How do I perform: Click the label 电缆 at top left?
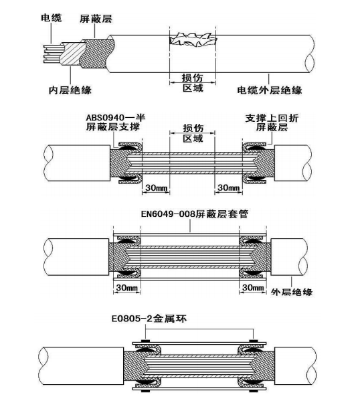click(52, 17)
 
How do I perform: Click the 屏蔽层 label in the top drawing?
click(96, 19)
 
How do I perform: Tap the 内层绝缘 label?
click(70, 90)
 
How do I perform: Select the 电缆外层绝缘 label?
click(270, 90)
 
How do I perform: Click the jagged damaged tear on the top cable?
click(193, 40)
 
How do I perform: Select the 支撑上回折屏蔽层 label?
click(272, 122)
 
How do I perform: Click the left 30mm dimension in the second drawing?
click(156, 188)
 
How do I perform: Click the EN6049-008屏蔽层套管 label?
click(195, 214)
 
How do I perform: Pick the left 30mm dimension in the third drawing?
click(127, 288)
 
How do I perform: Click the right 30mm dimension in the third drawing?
click(253, 288)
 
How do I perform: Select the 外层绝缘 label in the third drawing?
click(292, 292)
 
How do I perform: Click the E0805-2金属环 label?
click(149, 319)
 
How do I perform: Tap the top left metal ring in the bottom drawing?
click(145, 341)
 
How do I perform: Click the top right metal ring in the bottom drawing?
click(253, 341)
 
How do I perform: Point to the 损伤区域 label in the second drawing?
click(193, 133)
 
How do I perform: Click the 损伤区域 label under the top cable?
click(193, 82)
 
